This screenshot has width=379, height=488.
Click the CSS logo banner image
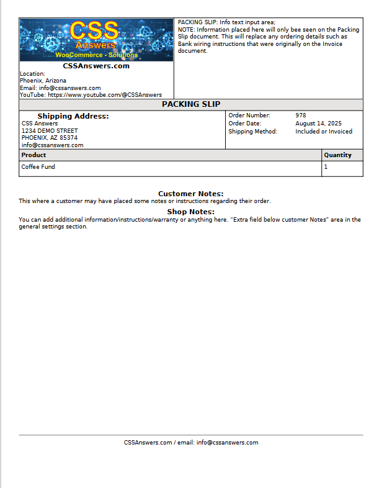pos(96,39)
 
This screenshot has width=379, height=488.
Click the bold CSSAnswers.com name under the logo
pos(96,66)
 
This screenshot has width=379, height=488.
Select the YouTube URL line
pos(91,95)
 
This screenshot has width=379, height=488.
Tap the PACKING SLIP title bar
pos(191,104)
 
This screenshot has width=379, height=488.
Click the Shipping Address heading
pos(73,116)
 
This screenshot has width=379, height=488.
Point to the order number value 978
pos(301,115)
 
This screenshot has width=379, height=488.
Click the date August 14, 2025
pos(318,124)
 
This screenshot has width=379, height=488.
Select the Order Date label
pos(245,124)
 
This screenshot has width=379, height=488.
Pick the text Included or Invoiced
pos(324,132)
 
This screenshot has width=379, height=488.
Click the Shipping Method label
pos(252,132)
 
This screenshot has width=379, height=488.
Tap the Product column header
pos(34,155)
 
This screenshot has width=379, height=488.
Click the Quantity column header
pos(337,155)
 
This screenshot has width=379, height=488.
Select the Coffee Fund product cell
pos(38,167)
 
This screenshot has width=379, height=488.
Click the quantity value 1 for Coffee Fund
pos(326,167)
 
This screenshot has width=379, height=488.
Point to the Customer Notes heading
pos(190,194)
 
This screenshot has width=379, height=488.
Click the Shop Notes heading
pos(190,212)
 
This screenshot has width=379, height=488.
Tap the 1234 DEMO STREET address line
pos(50,131)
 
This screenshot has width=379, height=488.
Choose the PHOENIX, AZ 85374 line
pos(50,138)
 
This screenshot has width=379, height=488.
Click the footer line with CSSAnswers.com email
pos(191,443)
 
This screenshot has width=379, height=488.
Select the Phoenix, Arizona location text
pos(43,81)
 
